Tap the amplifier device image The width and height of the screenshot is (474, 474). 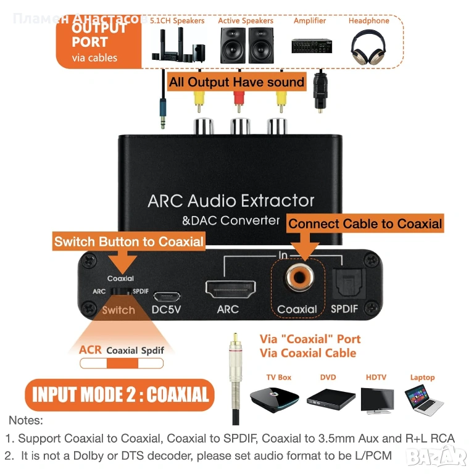309,47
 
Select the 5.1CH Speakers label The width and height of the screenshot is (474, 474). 177,20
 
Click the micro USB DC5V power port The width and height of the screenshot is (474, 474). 167,294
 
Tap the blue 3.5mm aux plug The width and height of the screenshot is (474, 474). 162,111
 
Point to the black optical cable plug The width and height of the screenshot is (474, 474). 320,93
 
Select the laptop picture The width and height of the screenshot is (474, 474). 423,397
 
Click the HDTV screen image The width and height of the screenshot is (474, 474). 376,399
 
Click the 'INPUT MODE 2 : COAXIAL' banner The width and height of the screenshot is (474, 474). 120,394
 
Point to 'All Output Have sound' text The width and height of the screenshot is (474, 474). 237,82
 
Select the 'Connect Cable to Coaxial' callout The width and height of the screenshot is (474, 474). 365,223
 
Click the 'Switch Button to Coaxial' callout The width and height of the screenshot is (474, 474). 129,241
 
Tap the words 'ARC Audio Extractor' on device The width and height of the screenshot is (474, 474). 231,201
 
